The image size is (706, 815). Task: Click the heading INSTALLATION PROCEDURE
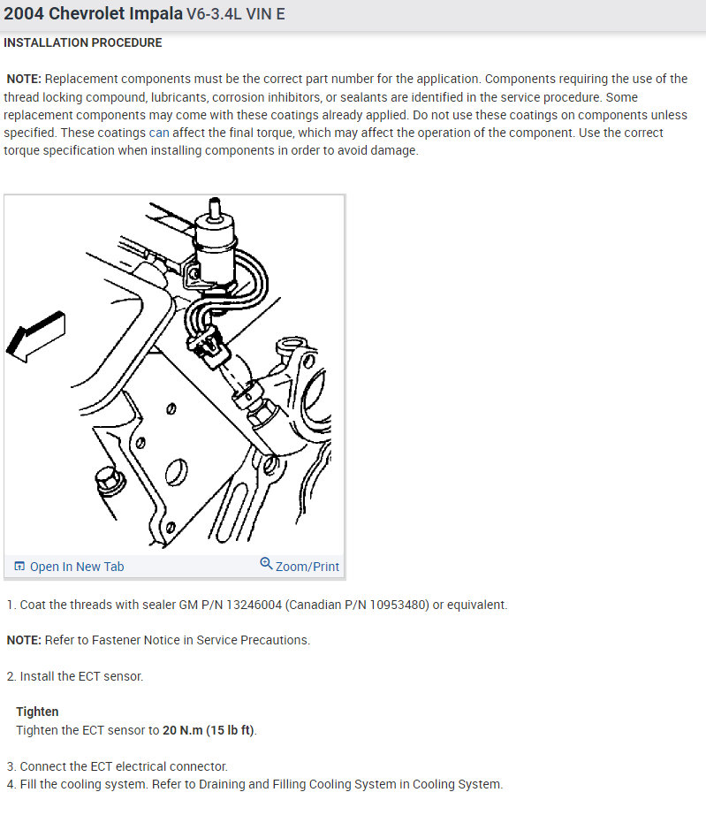pos(82,42)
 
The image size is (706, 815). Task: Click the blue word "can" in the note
pos(159,133)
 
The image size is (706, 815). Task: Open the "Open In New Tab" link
pos(76,567)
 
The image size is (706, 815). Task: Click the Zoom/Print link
pos(307,567)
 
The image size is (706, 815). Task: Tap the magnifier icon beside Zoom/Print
pos(266,563)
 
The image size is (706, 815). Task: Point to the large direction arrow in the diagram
pos(35,336)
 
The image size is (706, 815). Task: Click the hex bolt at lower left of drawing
pos(109,480)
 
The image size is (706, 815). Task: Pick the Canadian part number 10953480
pos(398,605)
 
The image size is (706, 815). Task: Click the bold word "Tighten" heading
pos(37,712)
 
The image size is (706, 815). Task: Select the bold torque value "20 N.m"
pos(182,730)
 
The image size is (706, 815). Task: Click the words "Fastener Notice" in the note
pos(129,640)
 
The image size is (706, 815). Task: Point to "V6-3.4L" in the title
pos(214,13)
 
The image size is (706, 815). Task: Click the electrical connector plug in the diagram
pos(209,347)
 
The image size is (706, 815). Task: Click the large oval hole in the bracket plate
pos(176,472)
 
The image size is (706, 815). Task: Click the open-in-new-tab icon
pos(19,566)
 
